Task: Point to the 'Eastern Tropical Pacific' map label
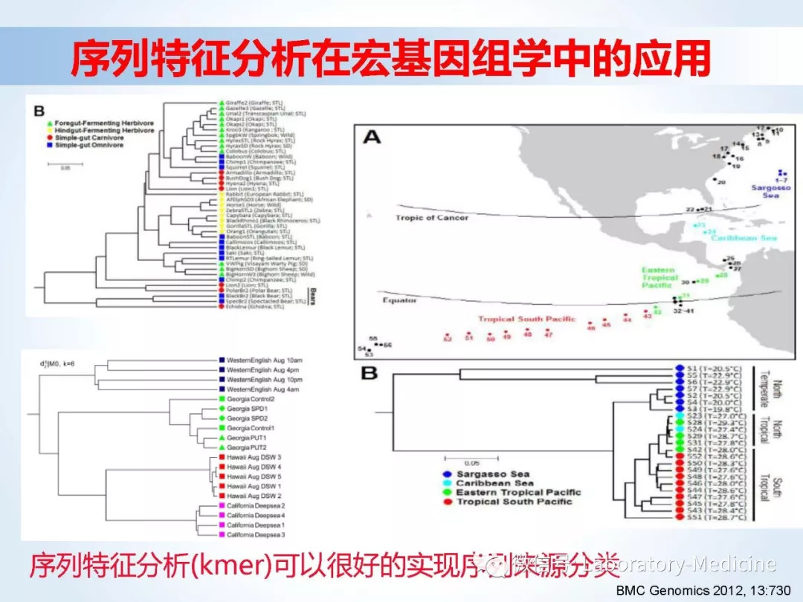[660, 278]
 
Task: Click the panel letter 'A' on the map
[373, 139]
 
